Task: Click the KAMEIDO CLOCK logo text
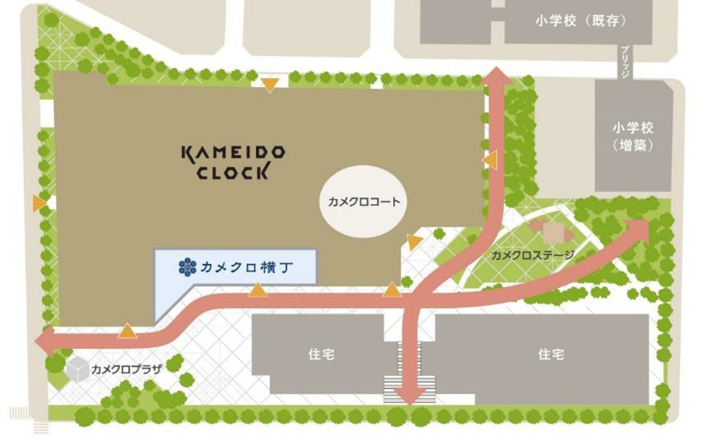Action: [x=233, y=162]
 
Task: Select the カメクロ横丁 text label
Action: [x=247, y=268]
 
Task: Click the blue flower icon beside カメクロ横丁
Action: [x=187, y=267]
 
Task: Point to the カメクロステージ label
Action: [x=532, y=255]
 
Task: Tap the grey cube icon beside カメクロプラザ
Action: [x=77, y=369]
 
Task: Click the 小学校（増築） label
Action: [x=633, y=137]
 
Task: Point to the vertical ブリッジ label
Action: [x=625, y=60]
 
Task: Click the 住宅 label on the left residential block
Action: [x=321, y=354]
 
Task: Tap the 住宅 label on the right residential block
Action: [x=551, y=354]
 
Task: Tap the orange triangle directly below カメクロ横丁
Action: [x=257, y=290]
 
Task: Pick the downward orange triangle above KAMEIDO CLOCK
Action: [x=270, y=86]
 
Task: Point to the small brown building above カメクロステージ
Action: [x=551, y=231]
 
